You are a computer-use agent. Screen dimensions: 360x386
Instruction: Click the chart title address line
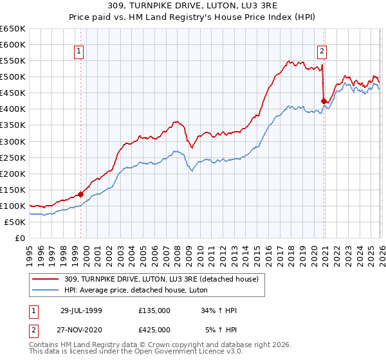(x=192, y=6)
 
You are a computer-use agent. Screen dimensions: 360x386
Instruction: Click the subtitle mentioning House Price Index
(x=192, y=17)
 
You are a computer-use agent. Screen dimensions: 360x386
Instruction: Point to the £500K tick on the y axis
(x=13, y=77)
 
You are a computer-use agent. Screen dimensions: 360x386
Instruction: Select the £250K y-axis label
(x=13, y=157)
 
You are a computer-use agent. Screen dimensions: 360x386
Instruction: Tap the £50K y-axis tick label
(x=15, y=222)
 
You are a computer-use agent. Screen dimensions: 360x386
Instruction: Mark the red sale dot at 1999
(x=81, y=194)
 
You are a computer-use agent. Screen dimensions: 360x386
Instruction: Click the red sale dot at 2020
(x=324, y=101)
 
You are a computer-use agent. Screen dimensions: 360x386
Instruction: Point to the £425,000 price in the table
(x=154, y=329)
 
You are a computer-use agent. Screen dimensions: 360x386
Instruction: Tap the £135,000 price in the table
(x=154, y=310)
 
